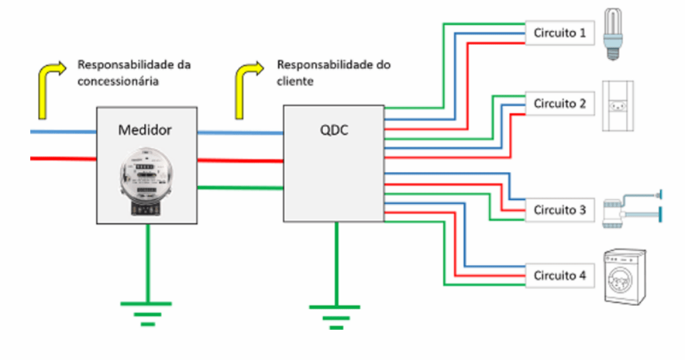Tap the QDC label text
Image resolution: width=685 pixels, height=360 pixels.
pyautogui.click(x=334, y=129)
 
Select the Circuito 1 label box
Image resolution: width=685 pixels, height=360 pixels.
pyautogui.click(x=559, y=33)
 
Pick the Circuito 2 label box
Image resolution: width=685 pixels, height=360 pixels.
pyautogui.click(x=559, y=104)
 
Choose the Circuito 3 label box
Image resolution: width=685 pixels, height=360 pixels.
pyautogui.click(x=559, y=210)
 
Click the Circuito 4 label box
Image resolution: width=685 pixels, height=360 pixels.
pyautogui.click(x=559, y=275)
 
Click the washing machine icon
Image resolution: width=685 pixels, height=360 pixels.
pyautogui.click(x=625, y=278)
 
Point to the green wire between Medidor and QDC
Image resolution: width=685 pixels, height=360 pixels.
pyautogui.click(x=240, y=188)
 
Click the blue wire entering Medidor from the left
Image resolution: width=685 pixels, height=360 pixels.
pyautogui.click(x=64, y=132)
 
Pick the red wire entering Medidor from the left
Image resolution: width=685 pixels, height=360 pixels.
pyautogui.click(x=64, y=159)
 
